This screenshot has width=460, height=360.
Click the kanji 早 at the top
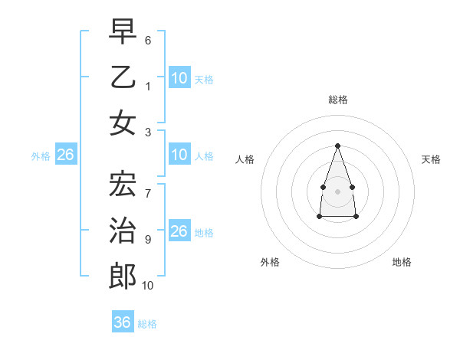tap(123, 32)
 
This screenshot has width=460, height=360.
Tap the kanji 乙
tap(123, 77)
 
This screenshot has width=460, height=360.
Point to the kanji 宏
tap(123, 184)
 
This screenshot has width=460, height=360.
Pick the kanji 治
tap(123, 229)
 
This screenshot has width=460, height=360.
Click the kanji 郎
tap(123, 275)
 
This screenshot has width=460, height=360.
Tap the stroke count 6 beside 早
tap(148, 39)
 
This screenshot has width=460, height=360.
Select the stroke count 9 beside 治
tap(148, 239)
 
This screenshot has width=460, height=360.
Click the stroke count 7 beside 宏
tap(148, 186)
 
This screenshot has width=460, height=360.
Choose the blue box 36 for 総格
tap(123, 322)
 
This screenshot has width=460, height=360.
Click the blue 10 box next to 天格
tap(179, 78)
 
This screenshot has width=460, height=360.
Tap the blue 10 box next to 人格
tap(179, 155)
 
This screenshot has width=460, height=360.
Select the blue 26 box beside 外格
tap(65, 155)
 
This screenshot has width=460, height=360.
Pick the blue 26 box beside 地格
tap(179, 231)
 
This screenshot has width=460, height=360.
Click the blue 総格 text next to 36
tap(147, 324)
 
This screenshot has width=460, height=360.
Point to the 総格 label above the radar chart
tap(338, 100)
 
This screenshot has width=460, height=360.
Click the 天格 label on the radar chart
tap(431, 159)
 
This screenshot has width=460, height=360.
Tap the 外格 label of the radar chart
tap(270, 262)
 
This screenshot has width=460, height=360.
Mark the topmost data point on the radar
tap(337, 146)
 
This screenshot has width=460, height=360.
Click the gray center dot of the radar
tap(337, 191)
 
